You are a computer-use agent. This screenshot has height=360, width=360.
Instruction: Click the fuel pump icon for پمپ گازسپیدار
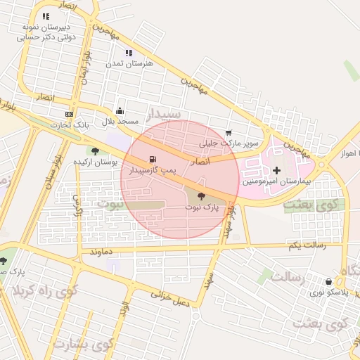(x=153, y=159)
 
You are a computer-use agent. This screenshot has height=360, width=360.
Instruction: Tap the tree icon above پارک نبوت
(x=202, y=197)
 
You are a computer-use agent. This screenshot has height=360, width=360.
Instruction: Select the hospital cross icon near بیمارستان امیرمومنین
(x=276, y=170)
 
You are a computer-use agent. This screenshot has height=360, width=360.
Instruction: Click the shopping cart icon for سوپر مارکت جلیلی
(x=229, y=132)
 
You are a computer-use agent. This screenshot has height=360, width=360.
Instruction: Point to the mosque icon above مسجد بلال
(x=120, y=110)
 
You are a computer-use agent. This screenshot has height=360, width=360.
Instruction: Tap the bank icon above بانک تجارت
(x=68, y=114)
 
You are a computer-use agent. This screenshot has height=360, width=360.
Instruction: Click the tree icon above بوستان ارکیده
(x=95, y=150)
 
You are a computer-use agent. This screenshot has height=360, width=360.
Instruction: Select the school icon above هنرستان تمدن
(x=129, y=53)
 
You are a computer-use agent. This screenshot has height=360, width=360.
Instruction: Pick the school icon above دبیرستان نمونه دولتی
(x=46, y=16)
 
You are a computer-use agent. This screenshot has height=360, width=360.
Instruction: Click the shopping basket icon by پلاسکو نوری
(x=328, y=281)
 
